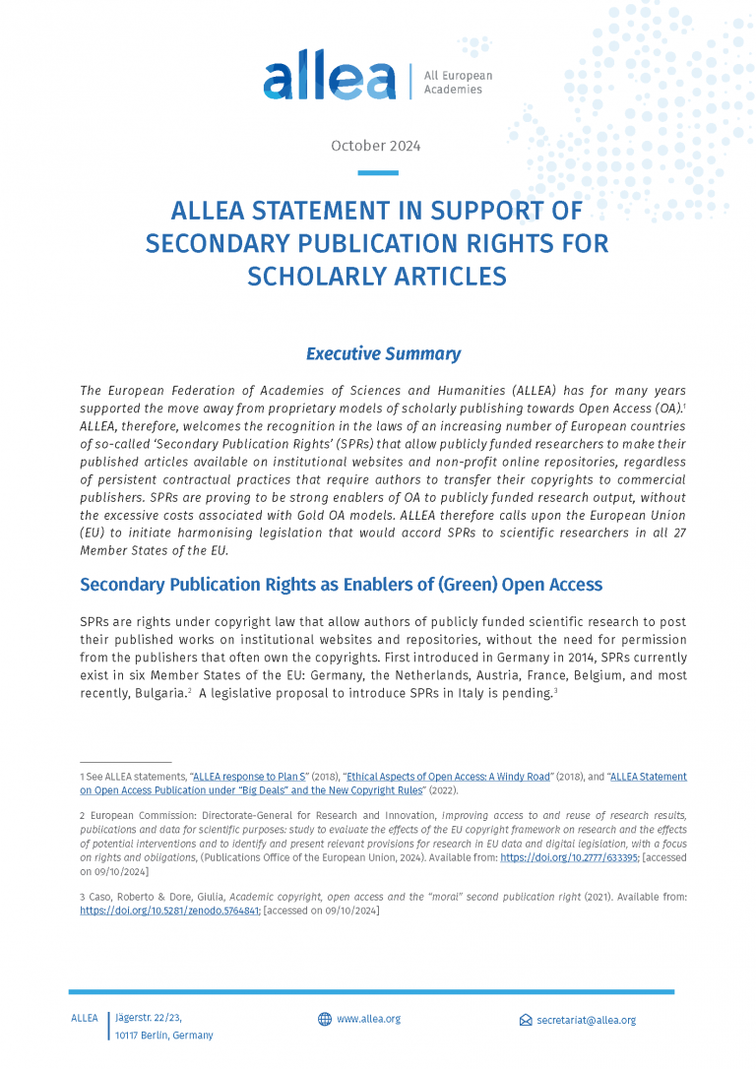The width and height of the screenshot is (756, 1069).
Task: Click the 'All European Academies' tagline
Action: (x=457, y=83)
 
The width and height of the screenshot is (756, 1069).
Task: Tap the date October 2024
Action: (x=375, y=146)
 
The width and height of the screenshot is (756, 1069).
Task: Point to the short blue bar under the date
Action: (x=377, y=173)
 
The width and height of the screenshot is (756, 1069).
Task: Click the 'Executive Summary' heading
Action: (x=383, y=353)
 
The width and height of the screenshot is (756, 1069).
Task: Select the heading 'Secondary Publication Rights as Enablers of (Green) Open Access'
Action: (x=341, y=585)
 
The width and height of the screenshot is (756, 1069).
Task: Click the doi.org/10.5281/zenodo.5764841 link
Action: (x=169, y=911)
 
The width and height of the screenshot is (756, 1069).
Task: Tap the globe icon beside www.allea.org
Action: (x=325, y=1020)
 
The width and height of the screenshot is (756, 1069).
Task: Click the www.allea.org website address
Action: (x=368, y=1020)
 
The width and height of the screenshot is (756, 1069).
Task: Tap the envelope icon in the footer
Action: (x=526, y=1021)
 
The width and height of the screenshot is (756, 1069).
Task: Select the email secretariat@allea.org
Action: (x=586, y=1021)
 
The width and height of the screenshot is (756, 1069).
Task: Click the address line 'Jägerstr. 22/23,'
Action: (x=149, y=1018)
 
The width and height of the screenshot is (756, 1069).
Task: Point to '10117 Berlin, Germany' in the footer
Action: (x=163, y=1036)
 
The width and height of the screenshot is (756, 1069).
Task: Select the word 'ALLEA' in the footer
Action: (x=85, y=1018)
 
